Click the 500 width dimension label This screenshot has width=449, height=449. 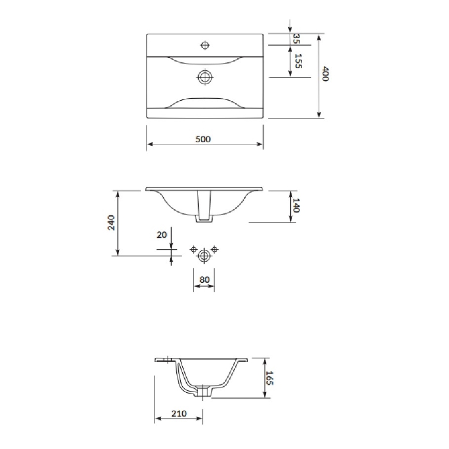tap(203, 139)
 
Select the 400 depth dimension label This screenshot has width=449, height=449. tap(325, 74)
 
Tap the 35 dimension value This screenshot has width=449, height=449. tap(296, 38)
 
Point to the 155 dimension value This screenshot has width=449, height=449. tap(297, 61)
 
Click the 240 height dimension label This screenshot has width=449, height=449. tap(111, 222)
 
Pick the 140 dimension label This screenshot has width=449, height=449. tap(296, 205)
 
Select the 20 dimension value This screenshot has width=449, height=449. tap(161, 234)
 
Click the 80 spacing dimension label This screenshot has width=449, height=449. tap(204, 279)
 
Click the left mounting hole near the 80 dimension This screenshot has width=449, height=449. tap(194, 250)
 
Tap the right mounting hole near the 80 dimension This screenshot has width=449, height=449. tap(215, 250)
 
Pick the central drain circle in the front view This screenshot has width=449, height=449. tap(204, 255)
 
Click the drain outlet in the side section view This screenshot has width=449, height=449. tap(204, 392)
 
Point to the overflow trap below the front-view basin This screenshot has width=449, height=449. tap(204, 219)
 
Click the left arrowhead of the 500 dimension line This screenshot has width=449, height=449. tap(149, 145)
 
